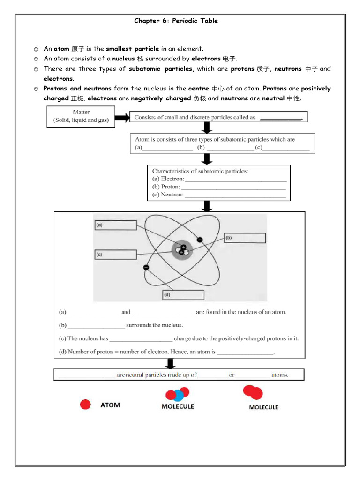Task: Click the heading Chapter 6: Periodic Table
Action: [x=176, y=21]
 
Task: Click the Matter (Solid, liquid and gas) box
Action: [x=81, y=116]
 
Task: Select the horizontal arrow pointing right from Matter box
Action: [x=121, y=117]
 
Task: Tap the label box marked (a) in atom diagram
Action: [x=115, y=225]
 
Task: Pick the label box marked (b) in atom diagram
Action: [x=244, y=238]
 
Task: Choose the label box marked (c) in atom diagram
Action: [x=115, y=255]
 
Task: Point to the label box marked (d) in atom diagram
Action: [x=183, y=295]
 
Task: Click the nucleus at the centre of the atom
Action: [x=182, y=250]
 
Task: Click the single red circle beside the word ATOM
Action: [x=85, y=405]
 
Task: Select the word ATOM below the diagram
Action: [x=110, y=405]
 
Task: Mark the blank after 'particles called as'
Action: [x=281, y=118]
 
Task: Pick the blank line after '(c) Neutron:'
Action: [x=235, y=195]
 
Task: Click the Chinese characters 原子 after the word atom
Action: [x=78, y=49]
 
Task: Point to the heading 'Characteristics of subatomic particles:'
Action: [x=200, y=171]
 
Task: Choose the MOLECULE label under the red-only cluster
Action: [x=263, y=407]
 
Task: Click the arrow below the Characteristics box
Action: [x=207, y=206]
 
